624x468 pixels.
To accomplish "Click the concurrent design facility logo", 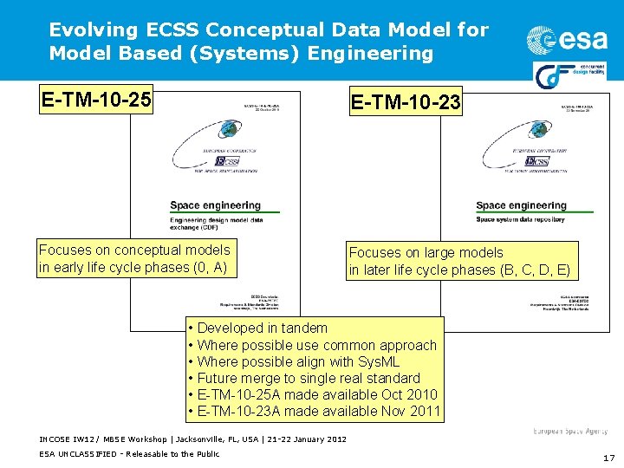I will [x=569, y=73].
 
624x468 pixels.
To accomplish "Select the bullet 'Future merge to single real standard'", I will [x=308, y=378].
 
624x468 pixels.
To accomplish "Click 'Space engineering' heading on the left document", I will [x=215, y=205].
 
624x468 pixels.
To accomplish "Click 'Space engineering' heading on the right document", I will [x=521, y=205].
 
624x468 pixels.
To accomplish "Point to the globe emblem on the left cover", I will [x=229, y=130].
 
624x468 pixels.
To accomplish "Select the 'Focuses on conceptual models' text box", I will [x=134, y=258].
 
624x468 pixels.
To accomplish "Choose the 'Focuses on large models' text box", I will [x=460, y=261].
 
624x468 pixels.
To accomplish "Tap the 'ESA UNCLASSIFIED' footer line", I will [x=129, y=453].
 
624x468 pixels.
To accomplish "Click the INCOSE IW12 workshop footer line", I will [x=192, y=439].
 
